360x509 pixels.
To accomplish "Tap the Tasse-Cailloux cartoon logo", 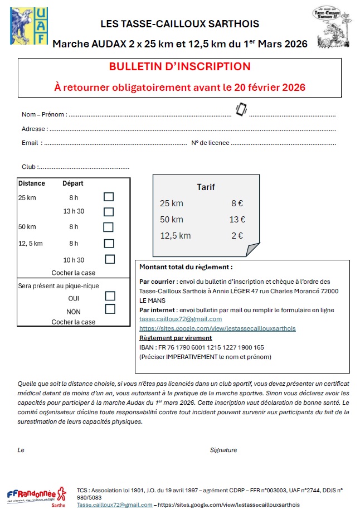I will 332,27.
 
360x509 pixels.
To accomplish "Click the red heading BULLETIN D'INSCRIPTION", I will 179,67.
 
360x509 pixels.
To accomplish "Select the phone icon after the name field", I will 241,109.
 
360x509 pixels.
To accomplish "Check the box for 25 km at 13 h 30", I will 109,212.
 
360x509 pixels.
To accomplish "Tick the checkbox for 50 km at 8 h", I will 108,227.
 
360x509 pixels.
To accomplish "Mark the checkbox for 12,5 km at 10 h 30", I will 110,259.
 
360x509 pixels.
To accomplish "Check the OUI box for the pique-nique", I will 110,297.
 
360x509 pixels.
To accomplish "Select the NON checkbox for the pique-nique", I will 110,309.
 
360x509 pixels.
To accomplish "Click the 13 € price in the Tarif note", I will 237,220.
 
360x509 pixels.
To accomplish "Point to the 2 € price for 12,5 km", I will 237,236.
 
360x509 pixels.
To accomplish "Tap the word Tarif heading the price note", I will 206,187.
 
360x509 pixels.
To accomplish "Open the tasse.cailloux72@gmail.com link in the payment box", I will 181,319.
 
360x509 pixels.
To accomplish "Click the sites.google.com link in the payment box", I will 217,329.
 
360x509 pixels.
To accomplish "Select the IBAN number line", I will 202,347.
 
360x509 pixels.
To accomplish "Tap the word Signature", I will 223,450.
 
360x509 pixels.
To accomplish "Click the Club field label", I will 29,167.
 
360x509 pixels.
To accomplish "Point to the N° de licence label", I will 210,143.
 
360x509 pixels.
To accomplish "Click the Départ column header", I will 73,183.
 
